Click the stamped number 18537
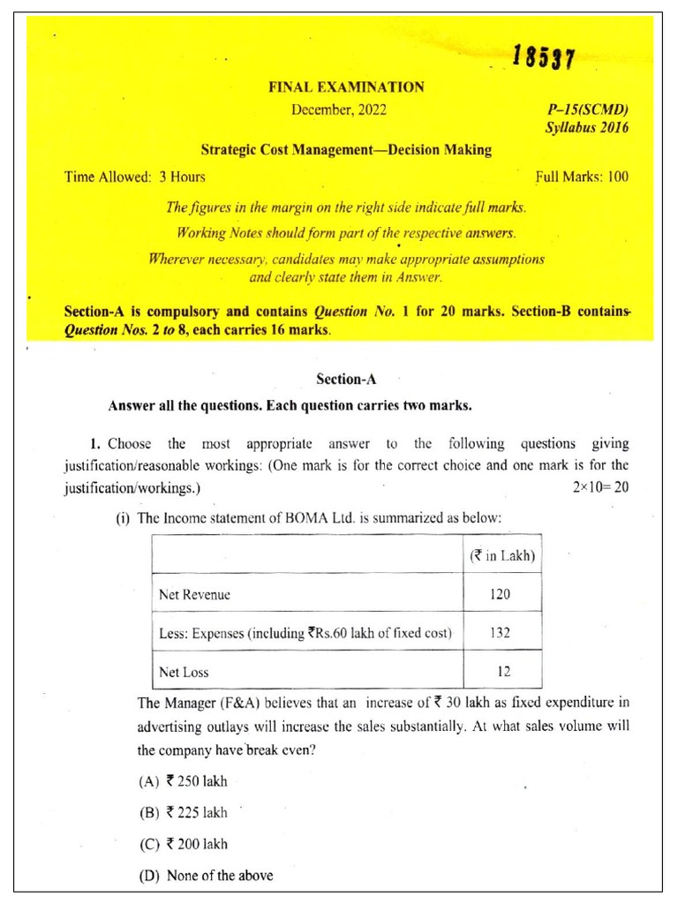click(543, 59)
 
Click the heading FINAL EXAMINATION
click(346, 87)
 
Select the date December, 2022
click(339, 110)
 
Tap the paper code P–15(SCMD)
click(588, 110)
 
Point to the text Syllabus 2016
click(586, 128)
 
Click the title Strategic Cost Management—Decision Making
click(346, 150)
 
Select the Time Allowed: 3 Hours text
click(135, 177)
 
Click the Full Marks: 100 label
click(582, 177)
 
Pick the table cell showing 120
click(501, 594)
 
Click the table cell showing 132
click(501, 633)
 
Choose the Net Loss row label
click(184, 672)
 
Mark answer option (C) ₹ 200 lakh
click(183, 844)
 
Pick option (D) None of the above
click(206, 876)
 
